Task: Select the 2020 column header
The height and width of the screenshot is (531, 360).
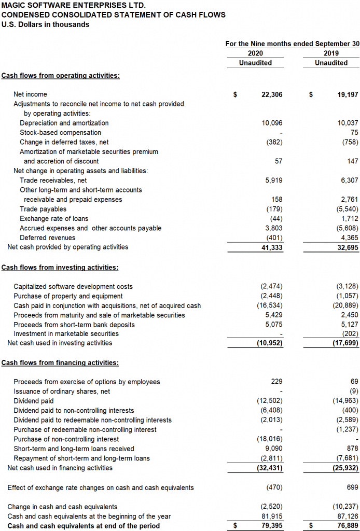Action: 255,53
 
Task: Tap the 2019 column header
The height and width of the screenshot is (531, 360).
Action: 331,53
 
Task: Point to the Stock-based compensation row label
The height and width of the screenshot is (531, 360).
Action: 60,133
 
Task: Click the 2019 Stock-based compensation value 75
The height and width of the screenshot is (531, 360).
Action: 354,133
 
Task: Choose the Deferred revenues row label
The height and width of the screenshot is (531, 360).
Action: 47,237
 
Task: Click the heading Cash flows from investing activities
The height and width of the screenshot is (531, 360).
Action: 60,268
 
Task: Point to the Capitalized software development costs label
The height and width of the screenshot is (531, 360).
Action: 73,286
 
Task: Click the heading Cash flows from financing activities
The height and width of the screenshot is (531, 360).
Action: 60,362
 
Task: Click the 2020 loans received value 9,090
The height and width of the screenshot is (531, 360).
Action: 274,449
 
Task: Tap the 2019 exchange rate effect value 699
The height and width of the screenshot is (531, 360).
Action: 352,487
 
